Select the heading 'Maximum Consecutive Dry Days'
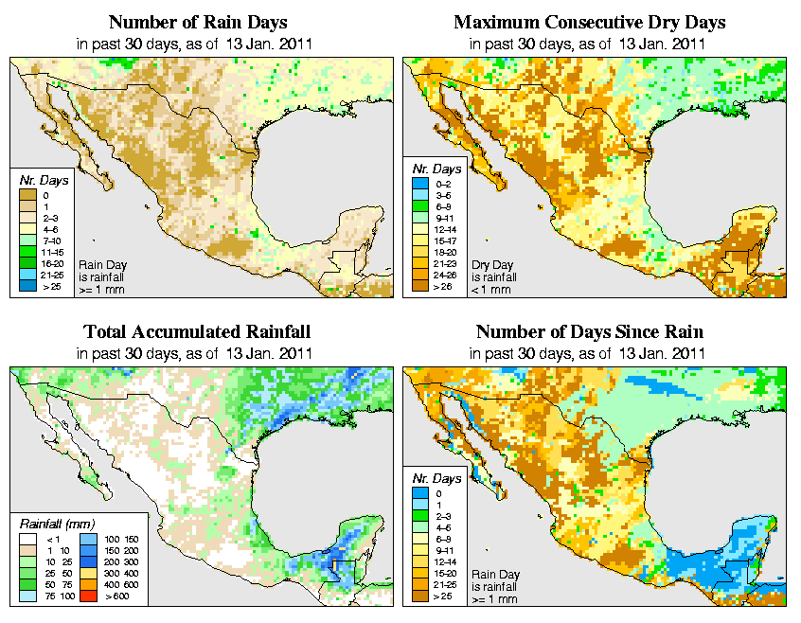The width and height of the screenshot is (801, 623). pos(589,22)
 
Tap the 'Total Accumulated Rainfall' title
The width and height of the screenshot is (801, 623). pos(197,332)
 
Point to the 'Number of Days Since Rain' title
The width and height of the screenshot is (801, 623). pos(589,332)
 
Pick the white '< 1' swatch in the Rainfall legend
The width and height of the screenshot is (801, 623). pos(30,537)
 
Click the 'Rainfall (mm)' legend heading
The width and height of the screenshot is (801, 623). pos(56,523)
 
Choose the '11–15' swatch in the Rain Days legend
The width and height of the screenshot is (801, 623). pos(30,251)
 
